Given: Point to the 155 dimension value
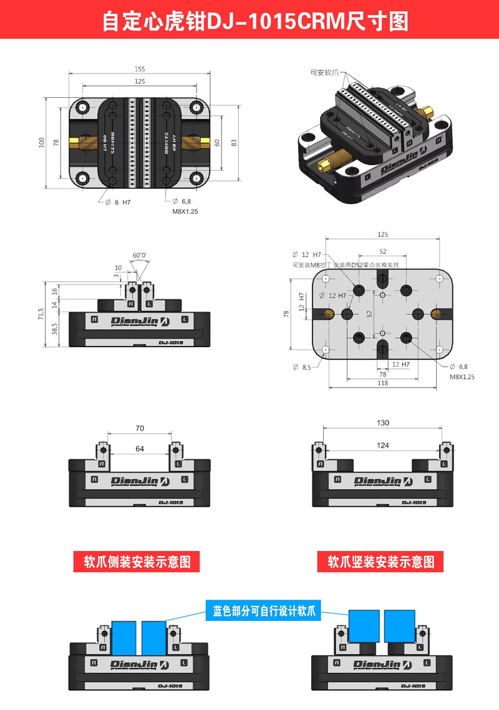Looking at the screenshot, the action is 139,69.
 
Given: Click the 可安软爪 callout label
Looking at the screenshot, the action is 324,72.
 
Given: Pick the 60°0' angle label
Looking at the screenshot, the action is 140,255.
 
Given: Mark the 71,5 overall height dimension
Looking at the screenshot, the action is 41,314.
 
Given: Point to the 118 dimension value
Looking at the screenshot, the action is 382,383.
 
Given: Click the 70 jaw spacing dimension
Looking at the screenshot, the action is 140,428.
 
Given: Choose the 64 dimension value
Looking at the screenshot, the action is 140,448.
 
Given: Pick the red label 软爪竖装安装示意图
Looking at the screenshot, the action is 381,561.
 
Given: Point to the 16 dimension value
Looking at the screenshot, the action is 55,290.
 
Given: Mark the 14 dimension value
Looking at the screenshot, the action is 55,305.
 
